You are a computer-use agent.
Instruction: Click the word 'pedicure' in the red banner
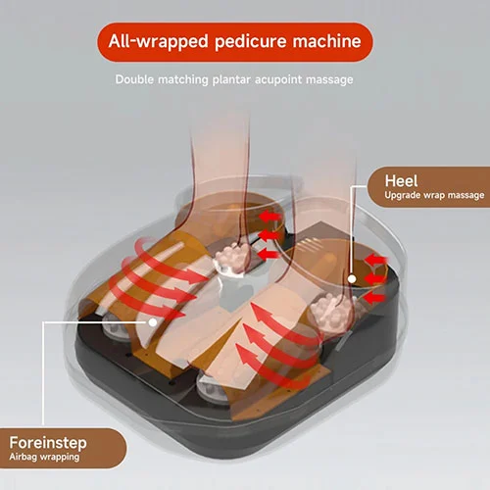250,42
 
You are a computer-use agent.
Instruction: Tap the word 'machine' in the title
326,41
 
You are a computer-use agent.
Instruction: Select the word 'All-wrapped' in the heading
159,42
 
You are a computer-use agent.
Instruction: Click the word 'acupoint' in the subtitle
278,79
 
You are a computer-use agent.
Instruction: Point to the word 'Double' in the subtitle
134,79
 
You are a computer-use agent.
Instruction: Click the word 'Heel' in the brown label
401,180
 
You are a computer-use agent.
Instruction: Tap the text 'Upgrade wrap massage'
434,195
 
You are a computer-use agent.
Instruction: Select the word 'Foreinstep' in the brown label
48,443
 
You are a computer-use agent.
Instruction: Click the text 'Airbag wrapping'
44,457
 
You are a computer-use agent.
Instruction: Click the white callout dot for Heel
352,279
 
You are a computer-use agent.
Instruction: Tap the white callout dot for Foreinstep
153,322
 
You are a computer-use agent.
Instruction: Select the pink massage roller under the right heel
330,312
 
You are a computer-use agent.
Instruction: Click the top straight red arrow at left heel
269,217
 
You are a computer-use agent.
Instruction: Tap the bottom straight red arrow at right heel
374,298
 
